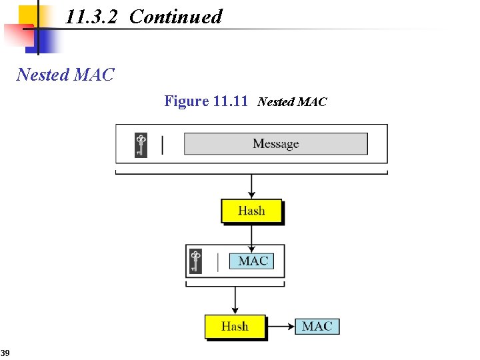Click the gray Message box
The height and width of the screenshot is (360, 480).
pyautogui.click(x=275, y=144)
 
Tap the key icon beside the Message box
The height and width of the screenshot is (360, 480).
pyautogui.click(x=141, y=145)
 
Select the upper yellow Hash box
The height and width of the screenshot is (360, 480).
pyautogui.click(x=251, y=211)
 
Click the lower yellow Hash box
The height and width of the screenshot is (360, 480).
pyautogui.click(x=235, y=327)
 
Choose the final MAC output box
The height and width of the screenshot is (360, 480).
pyautogui.click(x=317, y=327)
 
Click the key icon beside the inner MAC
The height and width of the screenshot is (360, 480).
pyautogui.click(x=195, y=261)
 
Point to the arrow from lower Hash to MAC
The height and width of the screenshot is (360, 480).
pyautogui.click(x=281, y=327)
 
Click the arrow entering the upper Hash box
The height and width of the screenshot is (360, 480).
pyautogui.click(x=251, y=187)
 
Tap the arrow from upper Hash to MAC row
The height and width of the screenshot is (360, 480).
pyautogui.click(x=251, y=234)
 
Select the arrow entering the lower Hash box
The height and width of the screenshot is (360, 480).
pyautogui.click(x=235, y=301)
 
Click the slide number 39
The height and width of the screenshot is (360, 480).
pyautogui.click(x=5, y=352)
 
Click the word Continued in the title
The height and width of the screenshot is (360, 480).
pyautogui.click(x=175, y=17)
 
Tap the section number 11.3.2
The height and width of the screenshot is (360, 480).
pyautogui.click(x=91, y=17)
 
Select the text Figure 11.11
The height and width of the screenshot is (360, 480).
pyautogui.click(x=206, y=101)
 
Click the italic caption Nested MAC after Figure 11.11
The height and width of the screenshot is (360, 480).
pyautogui.click(x=292, y=102)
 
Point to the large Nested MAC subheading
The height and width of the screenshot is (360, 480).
pyautogui.click(x=65, y=74)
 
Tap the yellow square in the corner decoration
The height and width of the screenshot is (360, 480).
pyautogui.click(x=28, y=14)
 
